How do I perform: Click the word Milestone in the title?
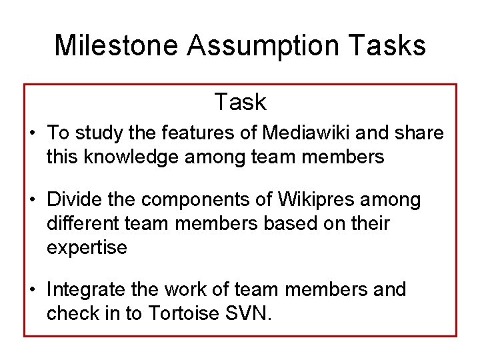tap(116, 45)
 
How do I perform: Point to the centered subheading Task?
tap(240, 102)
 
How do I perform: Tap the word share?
tap(419, 133)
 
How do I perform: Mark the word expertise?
tap(87, 247)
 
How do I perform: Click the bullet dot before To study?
tap(32, 133)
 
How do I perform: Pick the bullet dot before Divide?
tap(32, 200)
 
